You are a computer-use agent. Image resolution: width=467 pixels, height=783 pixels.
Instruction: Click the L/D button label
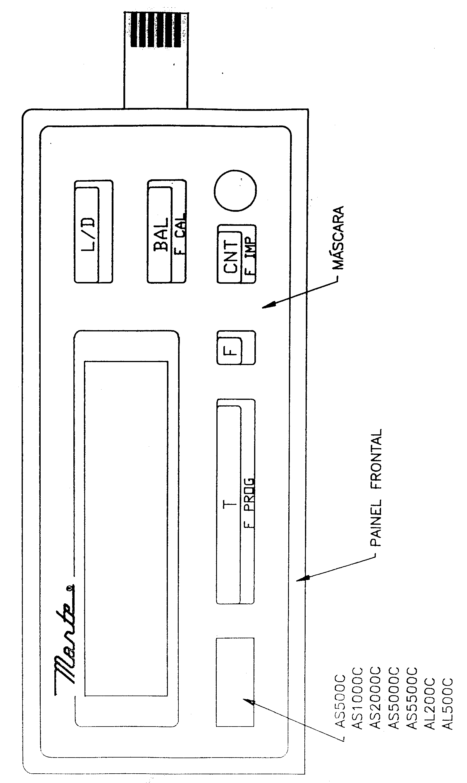click(x=88, y=234)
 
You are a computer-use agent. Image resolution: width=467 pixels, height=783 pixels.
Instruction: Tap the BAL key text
click(x=161, y=235)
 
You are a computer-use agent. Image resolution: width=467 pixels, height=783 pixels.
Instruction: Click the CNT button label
click(x=231, y=256)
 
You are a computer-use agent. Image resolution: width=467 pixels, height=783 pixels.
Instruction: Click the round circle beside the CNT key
click(x=235, y=190)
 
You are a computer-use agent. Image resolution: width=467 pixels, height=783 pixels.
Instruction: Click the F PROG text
click(x=249, y=503)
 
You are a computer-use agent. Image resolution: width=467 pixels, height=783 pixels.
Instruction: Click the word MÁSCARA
click(x=338, y=238)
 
